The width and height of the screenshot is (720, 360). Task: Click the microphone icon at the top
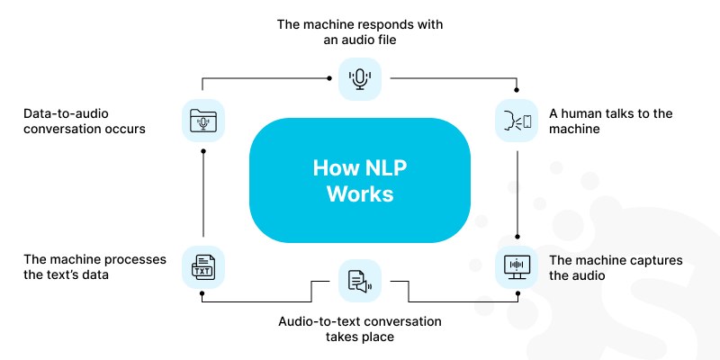(360, 78)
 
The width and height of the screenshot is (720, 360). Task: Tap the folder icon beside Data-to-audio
(202, 121)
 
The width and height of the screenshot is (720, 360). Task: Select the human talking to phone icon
(517, 121)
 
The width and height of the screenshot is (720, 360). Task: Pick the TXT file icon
(202, 267)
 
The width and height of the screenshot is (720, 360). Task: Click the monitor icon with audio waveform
(517, 267)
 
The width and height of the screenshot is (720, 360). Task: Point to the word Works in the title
(360, 193)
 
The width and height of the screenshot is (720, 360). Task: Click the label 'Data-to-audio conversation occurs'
(85, 121)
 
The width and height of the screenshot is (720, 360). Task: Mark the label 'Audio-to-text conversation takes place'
(360, 328)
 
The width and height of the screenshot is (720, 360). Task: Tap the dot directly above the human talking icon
(517, 90)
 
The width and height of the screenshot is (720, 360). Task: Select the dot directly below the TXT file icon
(202, 293)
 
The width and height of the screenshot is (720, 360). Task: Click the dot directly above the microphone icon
(328, 78)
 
